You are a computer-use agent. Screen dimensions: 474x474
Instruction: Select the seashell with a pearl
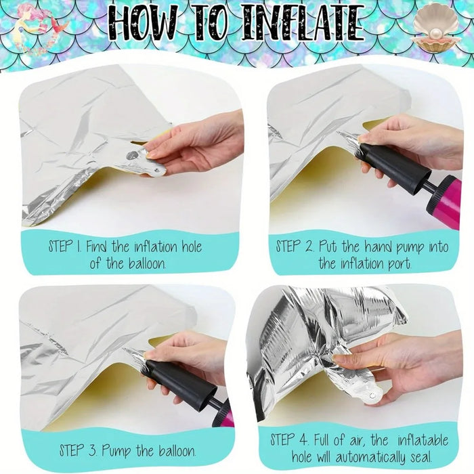coord(435,28)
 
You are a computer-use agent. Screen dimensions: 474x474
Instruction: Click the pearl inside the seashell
coord(435,33)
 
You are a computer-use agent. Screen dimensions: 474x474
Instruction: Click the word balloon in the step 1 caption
coord(148,263)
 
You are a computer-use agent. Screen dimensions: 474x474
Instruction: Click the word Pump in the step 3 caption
coord(116,452)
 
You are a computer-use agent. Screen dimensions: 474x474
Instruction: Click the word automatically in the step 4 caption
coord(370,457)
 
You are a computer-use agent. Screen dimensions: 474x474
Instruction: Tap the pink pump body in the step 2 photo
coord(444,202)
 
